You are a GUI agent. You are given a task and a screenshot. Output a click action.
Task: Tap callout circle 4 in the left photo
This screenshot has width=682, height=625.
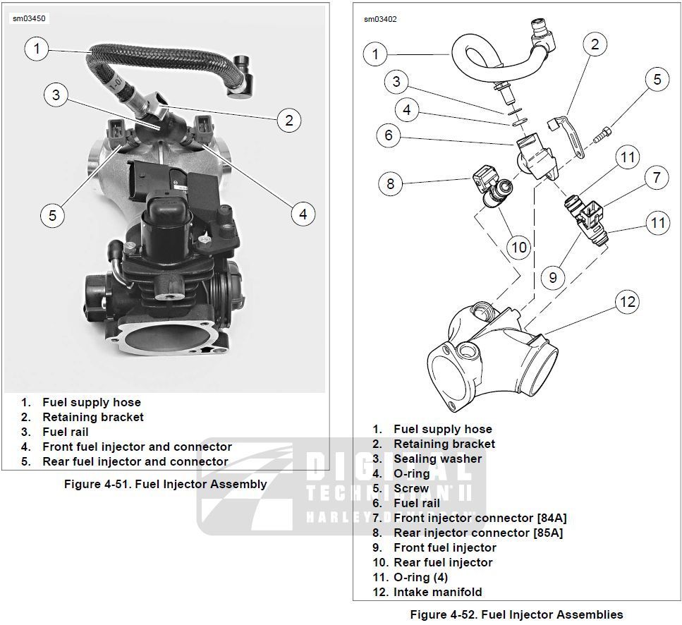click(x=303, y=214)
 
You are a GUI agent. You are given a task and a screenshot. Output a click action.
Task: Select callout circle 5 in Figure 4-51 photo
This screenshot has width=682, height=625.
click(x=52, y=214)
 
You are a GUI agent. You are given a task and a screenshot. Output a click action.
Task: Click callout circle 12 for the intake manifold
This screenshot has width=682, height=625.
click(x=627, y=302)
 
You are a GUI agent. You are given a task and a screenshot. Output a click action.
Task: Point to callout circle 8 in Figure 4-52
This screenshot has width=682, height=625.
click(x=390, y=185)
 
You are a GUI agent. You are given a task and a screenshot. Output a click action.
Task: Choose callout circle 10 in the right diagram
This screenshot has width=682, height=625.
click(x=518, y=247)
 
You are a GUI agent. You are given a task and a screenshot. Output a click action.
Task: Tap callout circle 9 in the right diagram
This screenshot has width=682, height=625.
click(x=552, y=277)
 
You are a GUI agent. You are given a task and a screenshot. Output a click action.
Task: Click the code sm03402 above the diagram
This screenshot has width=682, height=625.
click(x=380, y=19)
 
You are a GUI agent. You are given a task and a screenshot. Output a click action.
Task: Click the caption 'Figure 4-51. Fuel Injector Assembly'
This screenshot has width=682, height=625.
click(x=165, y=484)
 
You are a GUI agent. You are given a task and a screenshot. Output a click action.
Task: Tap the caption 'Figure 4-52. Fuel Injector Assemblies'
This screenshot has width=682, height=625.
click(x=516, y=614)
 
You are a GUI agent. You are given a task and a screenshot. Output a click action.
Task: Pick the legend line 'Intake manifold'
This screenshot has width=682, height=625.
click(x=437, y=592)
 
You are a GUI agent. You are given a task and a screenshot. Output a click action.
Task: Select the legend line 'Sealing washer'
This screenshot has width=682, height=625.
click(x=437, y=459)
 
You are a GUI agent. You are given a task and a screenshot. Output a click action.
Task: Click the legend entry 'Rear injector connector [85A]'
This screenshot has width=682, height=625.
click(x=477, y=533)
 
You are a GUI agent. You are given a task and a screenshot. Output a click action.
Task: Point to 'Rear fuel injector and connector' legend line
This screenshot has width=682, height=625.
click(x=135, y=461)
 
